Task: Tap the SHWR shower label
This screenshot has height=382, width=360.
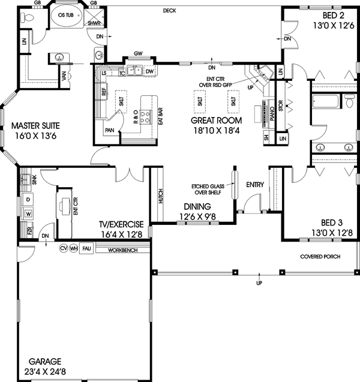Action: pyautogui.click(x=94, y=23)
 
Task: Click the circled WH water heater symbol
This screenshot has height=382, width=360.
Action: pyautogui.click(x=74, y=248)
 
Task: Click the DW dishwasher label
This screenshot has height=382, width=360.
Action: pyautogui.click(x=149, y=72)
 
